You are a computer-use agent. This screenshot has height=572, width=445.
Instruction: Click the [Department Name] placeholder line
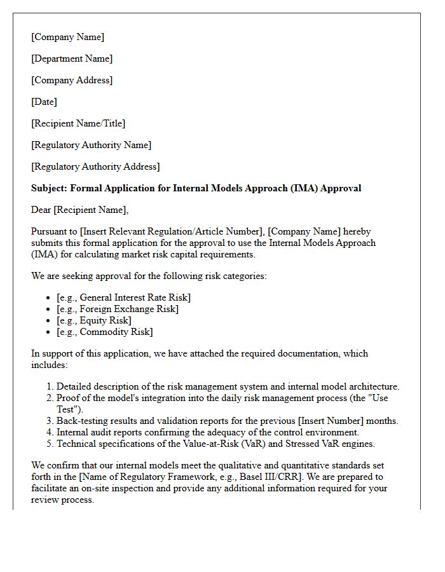click(x=72, y=58)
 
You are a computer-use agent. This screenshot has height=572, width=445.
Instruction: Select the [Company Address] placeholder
click(x=72, y=80)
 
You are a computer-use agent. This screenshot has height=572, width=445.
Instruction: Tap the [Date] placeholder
click(x=44, y=102)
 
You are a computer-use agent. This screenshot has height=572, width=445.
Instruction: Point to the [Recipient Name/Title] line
click(x=78, y=123)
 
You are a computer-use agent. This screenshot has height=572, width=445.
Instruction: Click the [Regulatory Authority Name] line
click(x=91, y=145)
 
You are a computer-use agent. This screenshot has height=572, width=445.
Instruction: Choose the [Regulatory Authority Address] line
click(x=95, y=167)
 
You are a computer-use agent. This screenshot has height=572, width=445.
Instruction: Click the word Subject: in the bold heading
click(x=49, y=188)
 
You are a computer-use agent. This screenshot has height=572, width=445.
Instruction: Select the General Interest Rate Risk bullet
click(x=123, y=297)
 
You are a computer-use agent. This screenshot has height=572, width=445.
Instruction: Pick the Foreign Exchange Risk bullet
click(x=118, y=309)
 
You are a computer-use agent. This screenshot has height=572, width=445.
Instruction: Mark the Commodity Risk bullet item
click(x=105, y=332)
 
